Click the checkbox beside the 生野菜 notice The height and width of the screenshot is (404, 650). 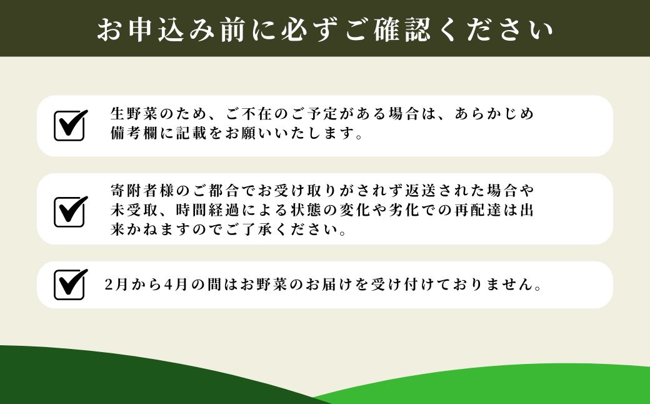pyautogui.click(x=69, y=125)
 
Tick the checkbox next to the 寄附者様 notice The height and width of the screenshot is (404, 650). pyautogui.click(x=69, y=211)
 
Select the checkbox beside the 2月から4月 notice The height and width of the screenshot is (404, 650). pyautogui.click(x=69, y=285)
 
